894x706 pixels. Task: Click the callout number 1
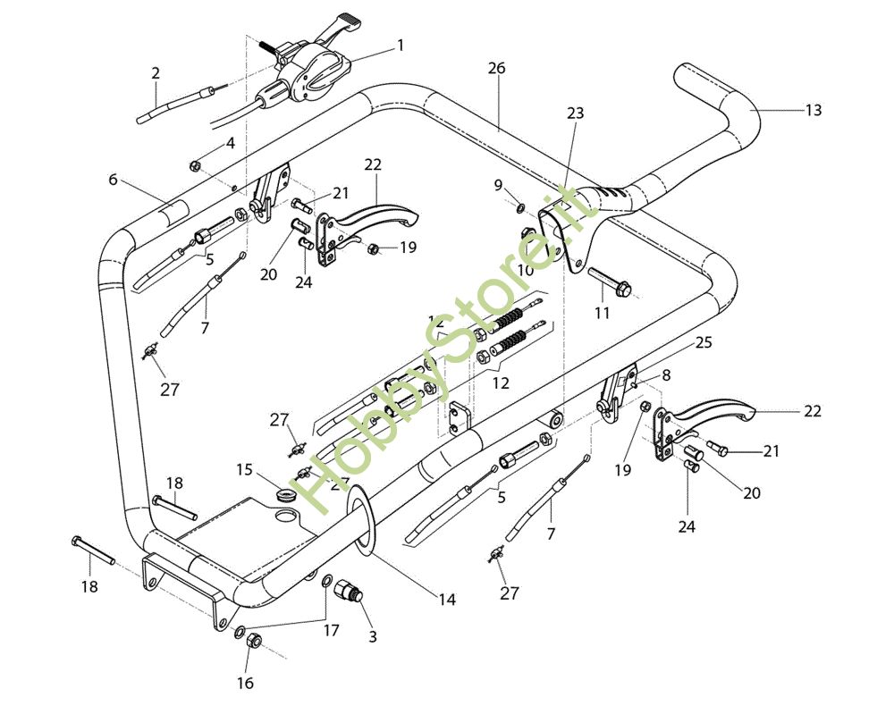pyautogui.click(x=401, y=44)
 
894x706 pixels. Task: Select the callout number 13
pyautogui.click(x=813, y=110)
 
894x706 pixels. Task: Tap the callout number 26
pyautogui.click(x=497, y=68)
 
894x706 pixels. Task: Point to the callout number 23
pyautogui.click(x=575, y=113)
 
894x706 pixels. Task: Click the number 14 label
pyautogui.click(x=446, y=600)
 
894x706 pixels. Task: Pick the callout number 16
pyautogui.click(x=245, y=684)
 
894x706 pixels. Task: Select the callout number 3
pyautogui.click(x=372, y=637)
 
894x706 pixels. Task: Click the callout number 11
pyautogui.click(x=602, y=313)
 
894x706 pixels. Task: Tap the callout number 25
pyautogui.click(x=703, y=342)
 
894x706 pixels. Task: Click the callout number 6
pyautogui.click(x=113, y=180)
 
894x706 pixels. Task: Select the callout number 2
pyautogui.click(x=155, y=73)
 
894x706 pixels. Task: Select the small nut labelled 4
pyautogui.click(x=194, y=165)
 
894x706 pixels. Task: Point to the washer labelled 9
pyautogui.click(x=519, y=207)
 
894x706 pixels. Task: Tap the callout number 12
pyautogui.click(x=500, y=382)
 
